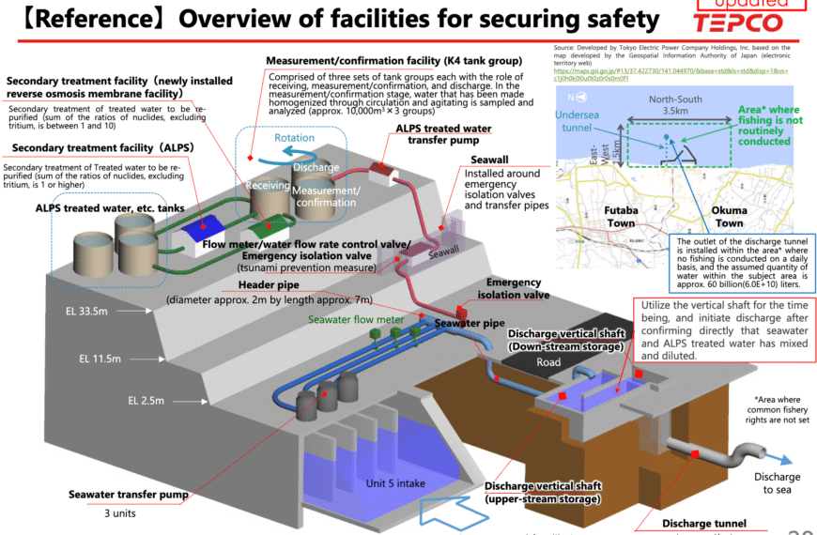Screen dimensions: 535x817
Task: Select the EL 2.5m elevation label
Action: tap(146, 401)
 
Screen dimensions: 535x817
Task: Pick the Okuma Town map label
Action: tap(730, 217)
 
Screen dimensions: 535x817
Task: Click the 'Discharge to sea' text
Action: tap(776, 482)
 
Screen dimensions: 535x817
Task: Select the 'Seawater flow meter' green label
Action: tap(355, 318)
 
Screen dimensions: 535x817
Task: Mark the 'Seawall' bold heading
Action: tap(489, 160)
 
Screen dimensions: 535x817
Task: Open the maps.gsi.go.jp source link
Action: tap(671, 74)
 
